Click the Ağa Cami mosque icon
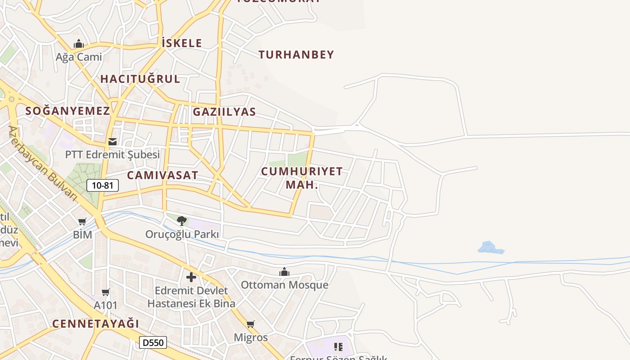79,44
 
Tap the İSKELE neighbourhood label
182,43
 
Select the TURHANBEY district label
296,55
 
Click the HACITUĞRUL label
140,79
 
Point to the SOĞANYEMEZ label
67,111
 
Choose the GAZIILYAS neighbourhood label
224,112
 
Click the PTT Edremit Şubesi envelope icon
112,142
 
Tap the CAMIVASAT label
162,175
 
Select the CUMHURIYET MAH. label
301,178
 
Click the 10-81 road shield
103,185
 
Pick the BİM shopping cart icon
82,221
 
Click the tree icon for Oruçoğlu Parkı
182,220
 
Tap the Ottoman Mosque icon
284,272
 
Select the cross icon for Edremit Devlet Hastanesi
191,277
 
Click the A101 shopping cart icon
106,292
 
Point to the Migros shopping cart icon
251,324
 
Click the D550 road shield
153,342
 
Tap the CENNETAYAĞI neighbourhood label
95,324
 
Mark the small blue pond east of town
489,247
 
